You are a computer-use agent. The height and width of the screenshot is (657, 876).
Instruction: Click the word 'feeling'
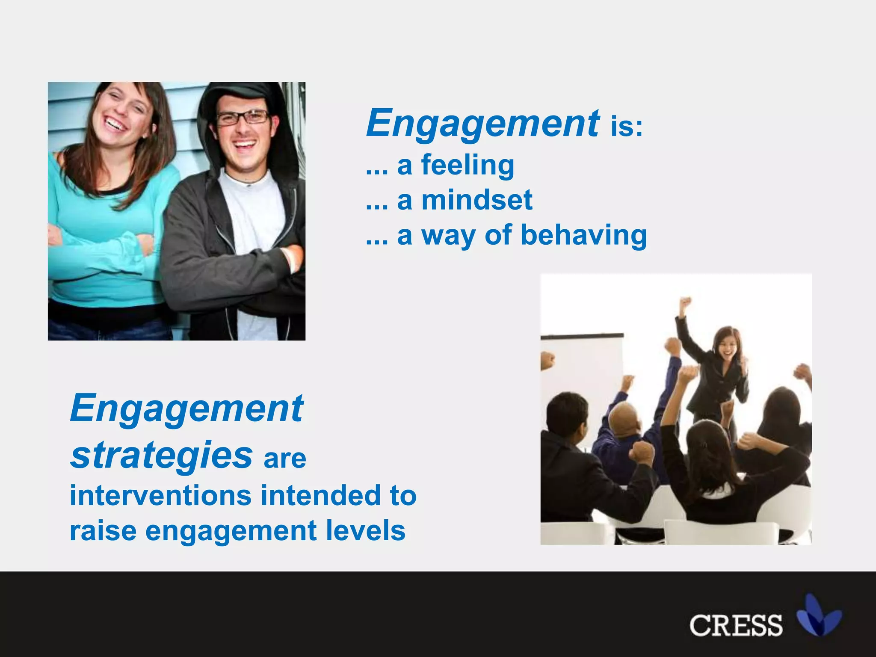pyautogui.click(x=468, y=166)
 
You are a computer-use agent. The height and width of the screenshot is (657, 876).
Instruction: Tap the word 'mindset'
pyautogui.click(x=476, y=200)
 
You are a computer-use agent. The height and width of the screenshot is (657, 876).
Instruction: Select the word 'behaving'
pyautogui.click(x=583, y=236)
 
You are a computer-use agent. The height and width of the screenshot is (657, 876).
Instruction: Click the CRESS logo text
pyautogui.click(x=736, y=625)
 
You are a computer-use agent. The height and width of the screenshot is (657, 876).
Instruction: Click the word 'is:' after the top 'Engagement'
pyautogui.click(x=626, y=127)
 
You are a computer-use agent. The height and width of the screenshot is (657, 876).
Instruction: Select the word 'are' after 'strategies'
pyautogui.click(x=285, y=459)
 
